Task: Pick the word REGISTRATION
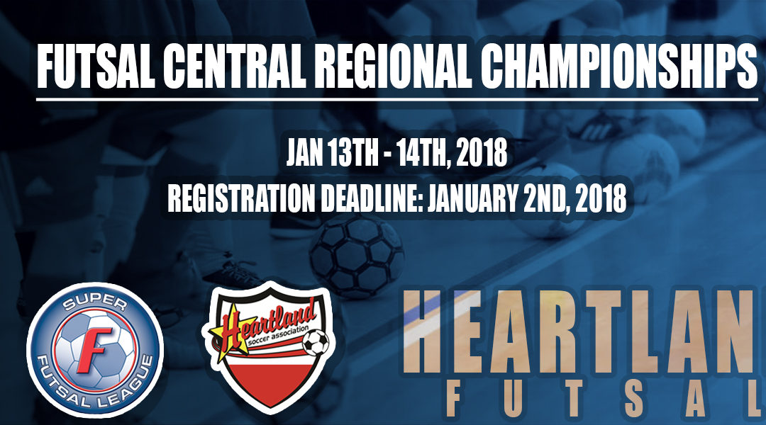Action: click(x=241, y=198)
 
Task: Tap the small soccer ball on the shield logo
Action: click(x=316, y=343)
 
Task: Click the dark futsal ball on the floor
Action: click(x=357, y=256)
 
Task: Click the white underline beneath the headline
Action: click(x=397, y=99)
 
